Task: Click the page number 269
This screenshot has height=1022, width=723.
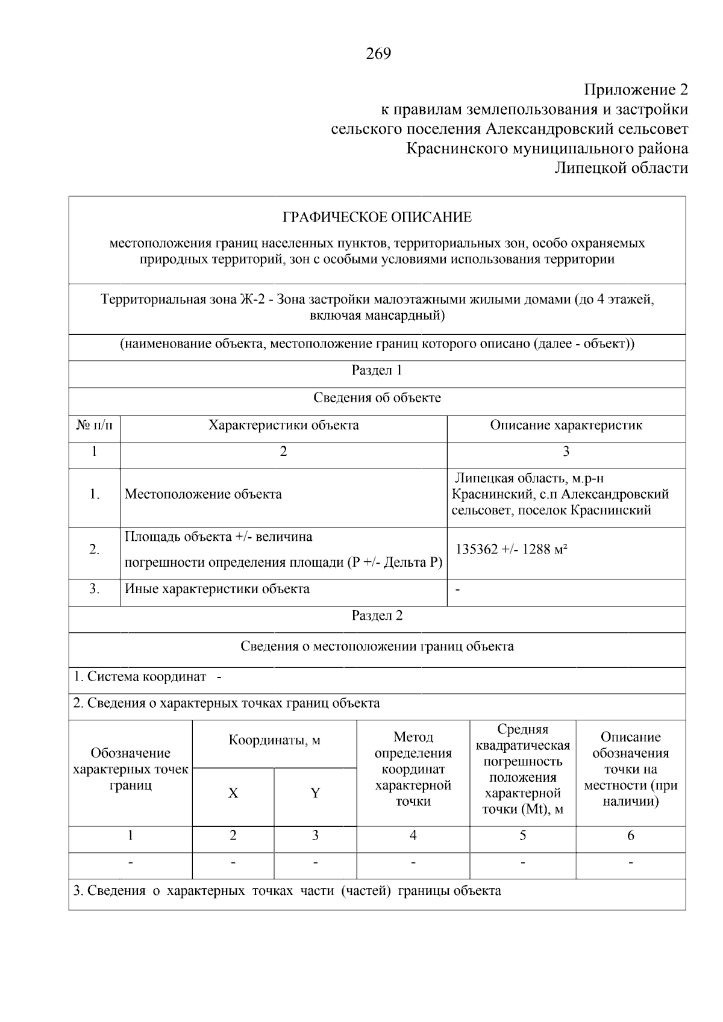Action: pyautogui.click(x=378, y=54)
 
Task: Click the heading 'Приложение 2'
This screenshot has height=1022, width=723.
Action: pyautogui.click(x=636, y=90)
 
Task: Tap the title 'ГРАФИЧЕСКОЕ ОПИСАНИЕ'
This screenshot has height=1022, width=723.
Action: pyautogui.click(x=377, y=217)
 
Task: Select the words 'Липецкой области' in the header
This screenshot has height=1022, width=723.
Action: pyautogui.click(x=621, y=168)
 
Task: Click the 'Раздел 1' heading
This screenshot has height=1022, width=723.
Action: pyautogui.click(x=377, y=370)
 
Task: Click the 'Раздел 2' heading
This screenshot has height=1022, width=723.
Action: pyautogui.click(x=377, y=615)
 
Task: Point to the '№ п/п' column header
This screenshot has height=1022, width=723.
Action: pyautogui.click(x=95, y=425)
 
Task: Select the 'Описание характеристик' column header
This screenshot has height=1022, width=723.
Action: pyautogui.click(x=566, y=425)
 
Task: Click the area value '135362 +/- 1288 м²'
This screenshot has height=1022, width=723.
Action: pyautogui.click(x=512, y=549)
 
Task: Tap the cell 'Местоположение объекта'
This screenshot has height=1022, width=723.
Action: pyautogui.click(x=203, y=494)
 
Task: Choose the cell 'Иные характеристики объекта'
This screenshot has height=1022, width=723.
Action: pyautogui.click(x=217, y=589)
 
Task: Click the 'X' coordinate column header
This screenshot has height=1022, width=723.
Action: pyautogui.click(x=233, y=793)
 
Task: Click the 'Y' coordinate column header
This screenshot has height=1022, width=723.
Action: pyautogui.click(x=315, y=793)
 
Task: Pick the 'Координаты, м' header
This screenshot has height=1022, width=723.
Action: pyautogui.click(x=274, y=740)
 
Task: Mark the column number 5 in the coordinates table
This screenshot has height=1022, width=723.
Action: pyautogui.click(x=522, y=835)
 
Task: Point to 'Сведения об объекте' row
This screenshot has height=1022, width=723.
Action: pyautogui.click(x=377, y=397)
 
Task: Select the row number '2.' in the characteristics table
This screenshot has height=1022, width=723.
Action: pyautogui.click(x=95, y=549)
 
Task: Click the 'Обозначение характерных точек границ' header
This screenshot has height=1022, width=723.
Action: pyautogui.click(x=131, y=769)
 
